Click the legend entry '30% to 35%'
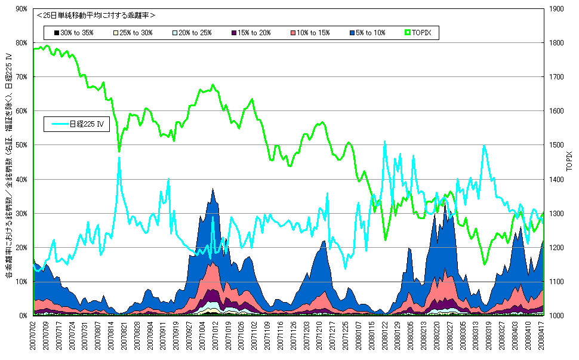tap(74, 33)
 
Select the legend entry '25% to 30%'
tap(133, 33)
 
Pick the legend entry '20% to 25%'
tap(192, 33)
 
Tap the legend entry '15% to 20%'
tap(251, 33)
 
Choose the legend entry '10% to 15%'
tap(310, 33)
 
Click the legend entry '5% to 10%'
tap(368, 33)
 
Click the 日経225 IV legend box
tap(77, 124)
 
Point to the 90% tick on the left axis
tap(21, 9)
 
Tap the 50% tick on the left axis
tap(21, 145)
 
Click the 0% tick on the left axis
tap(23, 316)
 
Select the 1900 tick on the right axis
tap(556, 9)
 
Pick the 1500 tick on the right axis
tap(556, 145)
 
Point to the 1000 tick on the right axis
tap(556, 316)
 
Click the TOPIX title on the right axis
tap(569, 161)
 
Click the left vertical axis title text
tap(9, 165)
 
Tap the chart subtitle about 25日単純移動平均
tap(96, 16)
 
